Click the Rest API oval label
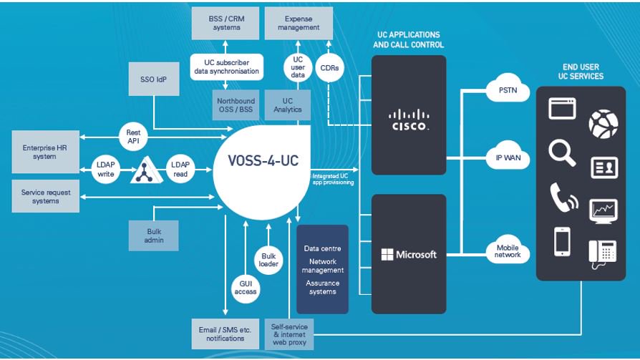tap(133, 136)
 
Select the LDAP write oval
tap(105, 170)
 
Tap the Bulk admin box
tap(154, 235)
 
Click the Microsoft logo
tap(409, 254)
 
